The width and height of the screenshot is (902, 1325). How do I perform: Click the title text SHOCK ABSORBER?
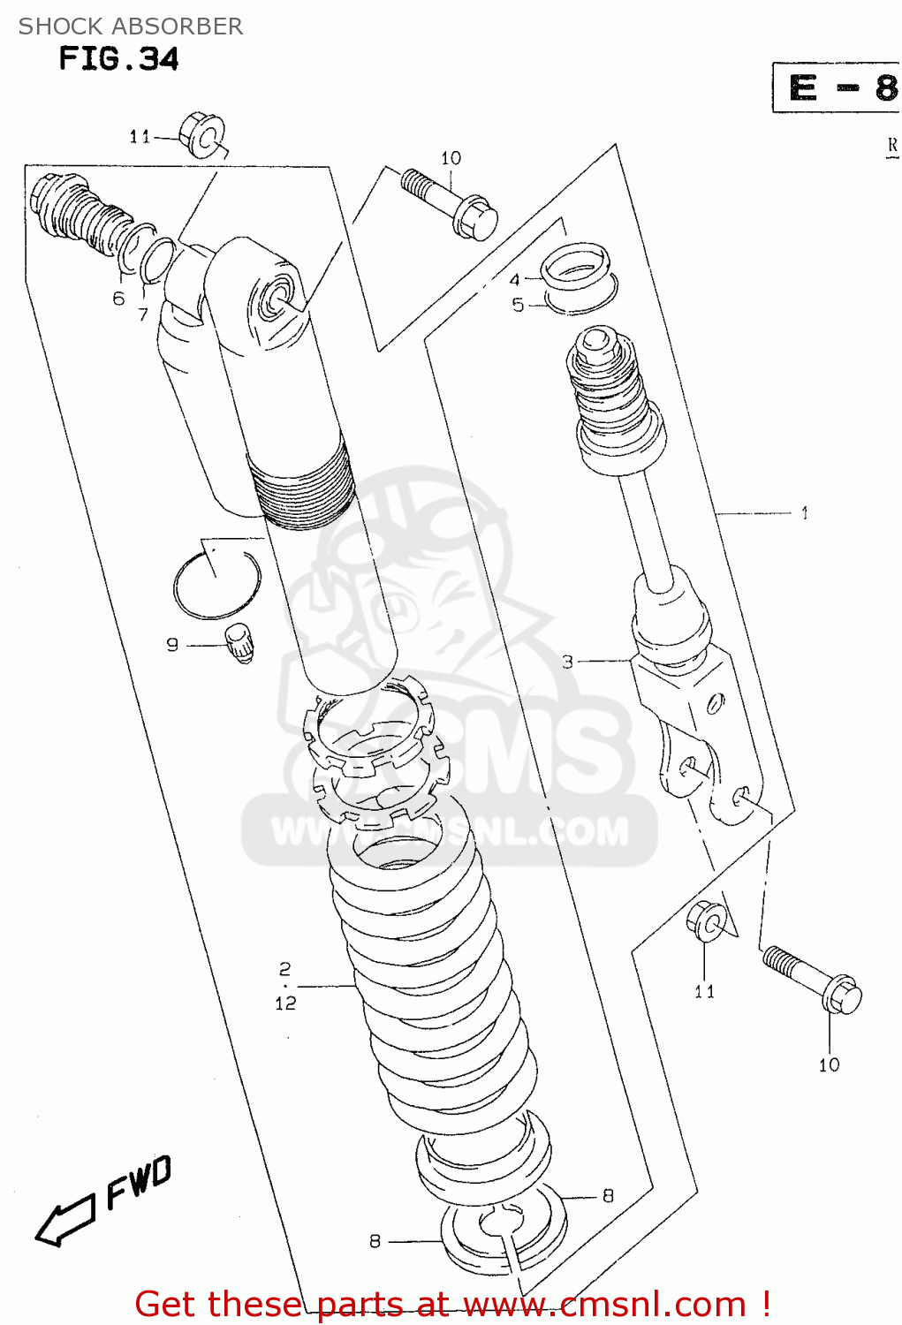point(131,26)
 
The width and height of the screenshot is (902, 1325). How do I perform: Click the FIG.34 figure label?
point(118,59)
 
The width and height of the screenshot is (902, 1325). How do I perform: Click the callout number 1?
point(805,513)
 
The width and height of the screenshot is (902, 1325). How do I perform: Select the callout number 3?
point(568,661)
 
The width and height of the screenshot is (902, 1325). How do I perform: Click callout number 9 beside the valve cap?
point(172,645)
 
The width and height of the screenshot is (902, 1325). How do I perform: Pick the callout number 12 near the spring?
point(285,1003)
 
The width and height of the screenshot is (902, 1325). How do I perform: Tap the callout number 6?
point(118,299)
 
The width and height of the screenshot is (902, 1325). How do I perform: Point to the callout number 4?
point(515,280)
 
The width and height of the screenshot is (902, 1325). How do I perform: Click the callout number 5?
point(518,305)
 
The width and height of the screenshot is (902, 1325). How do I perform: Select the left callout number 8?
point(375,1241)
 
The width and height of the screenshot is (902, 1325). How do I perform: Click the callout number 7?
point(143,314)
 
